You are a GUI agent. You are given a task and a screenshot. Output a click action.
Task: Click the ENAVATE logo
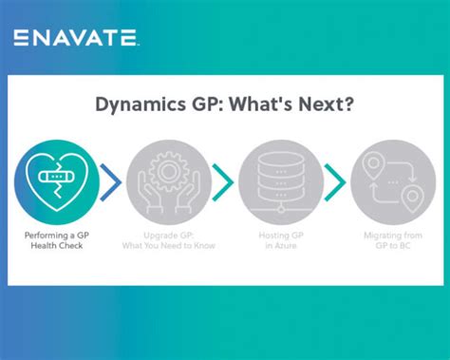(x=77, y=38)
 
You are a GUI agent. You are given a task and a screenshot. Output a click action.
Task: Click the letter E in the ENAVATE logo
(x=21, y=38)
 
